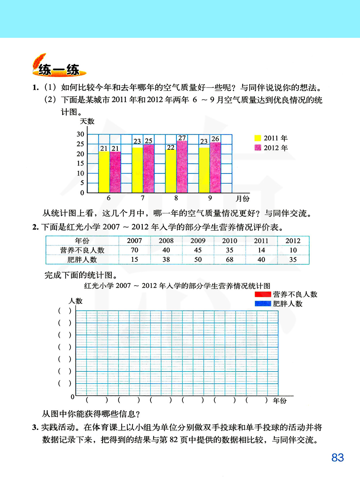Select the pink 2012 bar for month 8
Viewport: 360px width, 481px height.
182,167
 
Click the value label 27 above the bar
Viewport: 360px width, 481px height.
182,138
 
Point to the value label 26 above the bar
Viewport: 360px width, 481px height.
215,139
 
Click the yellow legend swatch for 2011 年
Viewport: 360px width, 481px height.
258,138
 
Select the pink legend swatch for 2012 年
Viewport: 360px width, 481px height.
258,148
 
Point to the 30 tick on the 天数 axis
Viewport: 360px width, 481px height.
80,134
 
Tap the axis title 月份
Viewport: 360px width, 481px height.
243,198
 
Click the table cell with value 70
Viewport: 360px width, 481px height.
135,250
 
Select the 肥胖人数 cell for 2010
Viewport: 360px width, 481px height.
230,260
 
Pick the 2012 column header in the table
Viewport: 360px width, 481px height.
293,241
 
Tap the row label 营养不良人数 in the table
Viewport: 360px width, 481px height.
82,250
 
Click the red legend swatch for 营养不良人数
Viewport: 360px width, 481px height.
262,295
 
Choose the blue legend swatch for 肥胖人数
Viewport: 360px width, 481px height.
262,304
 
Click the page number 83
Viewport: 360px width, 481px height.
338,458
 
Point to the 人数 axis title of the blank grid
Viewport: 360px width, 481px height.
76,301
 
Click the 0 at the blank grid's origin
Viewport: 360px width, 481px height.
73,397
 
